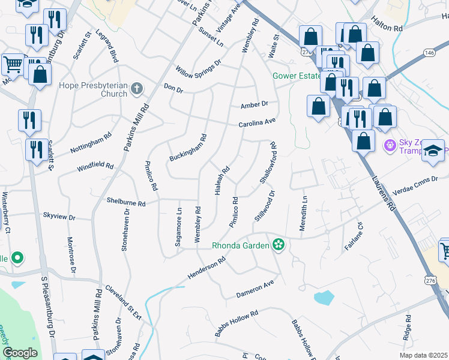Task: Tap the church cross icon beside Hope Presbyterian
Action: pyautogui.click(x=137, y=89)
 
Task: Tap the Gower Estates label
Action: pyautogui.click(x=296, y=76)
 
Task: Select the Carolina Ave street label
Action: pyautogui.click(x=256, y=123)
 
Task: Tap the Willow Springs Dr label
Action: pyautogui.click(x=198, y=67)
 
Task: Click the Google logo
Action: pyautogui.click(x=20, y=352)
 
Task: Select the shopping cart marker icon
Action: pyautogui.click(x=13, y=64)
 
